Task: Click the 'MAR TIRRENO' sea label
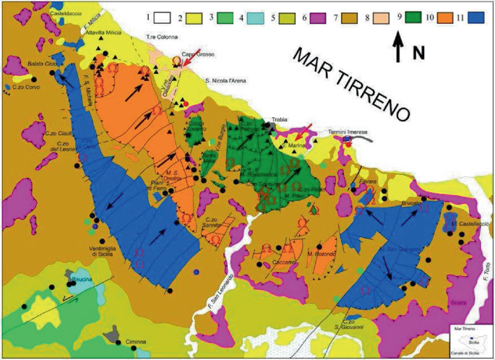click(351, 82)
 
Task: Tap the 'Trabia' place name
click(280, 119)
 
